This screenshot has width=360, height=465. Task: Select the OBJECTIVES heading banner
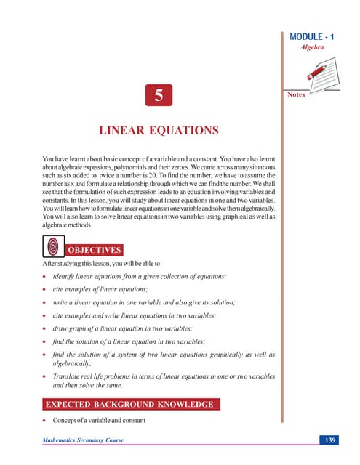click(x=95, y=251)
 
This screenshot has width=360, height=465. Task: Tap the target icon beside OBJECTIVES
click(x=53, y=248)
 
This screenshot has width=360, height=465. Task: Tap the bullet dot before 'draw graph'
click(x=45, y=328)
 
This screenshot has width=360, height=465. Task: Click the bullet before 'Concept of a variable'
click(x=45, y=421)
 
